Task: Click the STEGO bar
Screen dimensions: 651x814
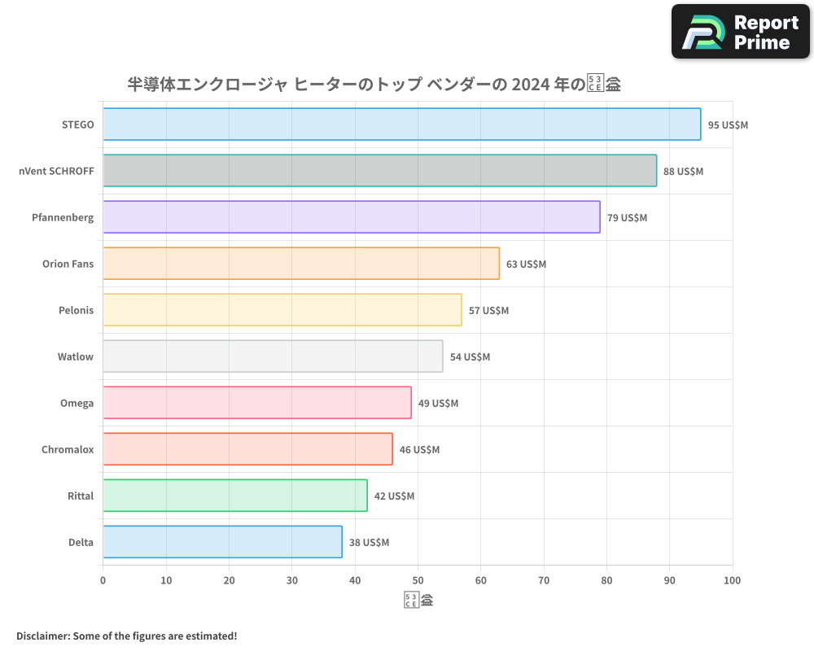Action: pos(401,125)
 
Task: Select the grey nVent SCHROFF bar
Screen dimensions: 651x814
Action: pos(379,171)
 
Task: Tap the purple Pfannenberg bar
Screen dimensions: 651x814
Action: pos(351,217)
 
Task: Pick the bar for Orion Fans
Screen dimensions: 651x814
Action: pos(300,264)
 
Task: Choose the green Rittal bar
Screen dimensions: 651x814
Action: pos(234,496)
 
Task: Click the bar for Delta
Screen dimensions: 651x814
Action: pos(222,542)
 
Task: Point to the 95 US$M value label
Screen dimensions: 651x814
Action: pos(728,125)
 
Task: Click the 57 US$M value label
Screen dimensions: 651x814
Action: pos(488,311)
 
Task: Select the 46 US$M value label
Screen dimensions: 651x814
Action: pos(419,450)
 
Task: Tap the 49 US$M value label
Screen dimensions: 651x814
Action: pos(438,404)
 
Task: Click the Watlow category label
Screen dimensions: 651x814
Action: pos(76,357)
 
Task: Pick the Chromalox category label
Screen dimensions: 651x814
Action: pos(68,450)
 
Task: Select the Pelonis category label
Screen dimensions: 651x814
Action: pos(76,311)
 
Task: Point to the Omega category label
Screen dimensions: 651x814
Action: pos(77,404)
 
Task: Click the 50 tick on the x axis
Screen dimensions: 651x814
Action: pos(418,580)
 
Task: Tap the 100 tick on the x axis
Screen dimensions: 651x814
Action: pos(732,580)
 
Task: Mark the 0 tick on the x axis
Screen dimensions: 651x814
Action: pos(103,580)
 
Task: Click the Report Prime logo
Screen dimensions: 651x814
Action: pos(741,32)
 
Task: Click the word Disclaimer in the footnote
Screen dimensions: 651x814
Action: pos(42,636)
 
